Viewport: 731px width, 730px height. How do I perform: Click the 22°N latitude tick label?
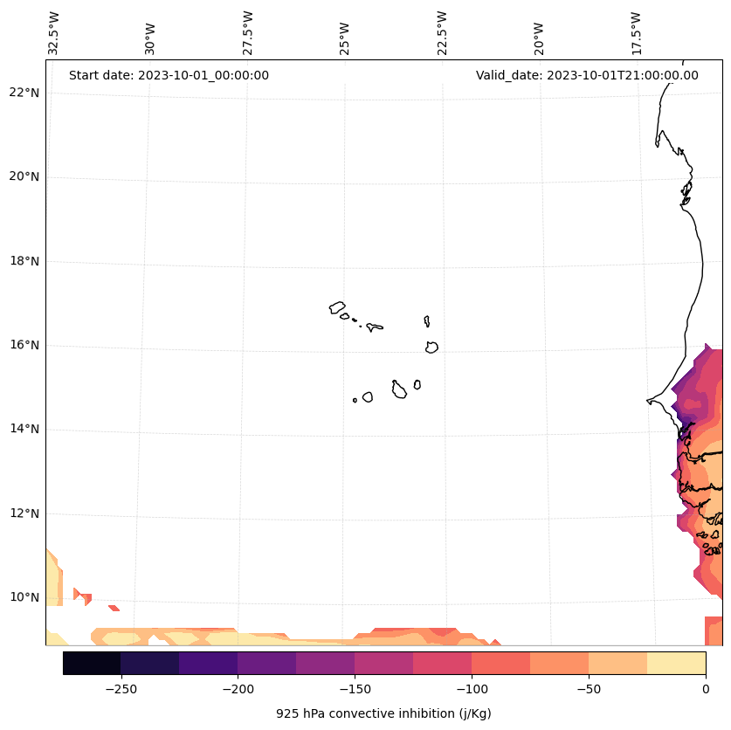pos(24,93)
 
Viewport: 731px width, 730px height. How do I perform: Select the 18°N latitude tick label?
pos(24,261)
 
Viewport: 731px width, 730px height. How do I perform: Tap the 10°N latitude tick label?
pos(24,598)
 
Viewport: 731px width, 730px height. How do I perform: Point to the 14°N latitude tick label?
pos(24,430)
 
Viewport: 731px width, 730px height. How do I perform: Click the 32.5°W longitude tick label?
pos(54,33)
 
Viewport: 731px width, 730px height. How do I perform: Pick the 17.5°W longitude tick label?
pos(637,33)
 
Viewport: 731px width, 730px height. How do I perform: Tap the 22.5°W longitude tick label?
pos(442,33)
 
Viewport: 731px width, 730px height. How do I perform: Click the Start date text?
pos(169,75)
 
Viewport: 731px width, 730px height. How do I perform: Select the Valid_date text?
pos(587,75)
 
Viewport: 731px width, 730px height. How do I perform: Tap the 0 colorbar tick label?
pos(706,689)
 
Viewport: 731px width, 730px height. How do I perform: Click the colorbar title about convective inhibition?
pos(383,713)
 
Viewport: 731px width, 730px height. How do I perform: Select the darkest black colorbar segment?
pos(92,663)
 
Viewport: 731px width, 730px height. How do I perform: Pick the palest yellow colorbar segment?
pos(676,663)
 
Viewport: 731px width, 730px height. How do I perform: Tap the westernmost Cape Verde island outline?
pos(337,307)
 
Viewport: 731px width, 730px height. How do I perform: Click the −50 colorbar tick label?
pos(588,689)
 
